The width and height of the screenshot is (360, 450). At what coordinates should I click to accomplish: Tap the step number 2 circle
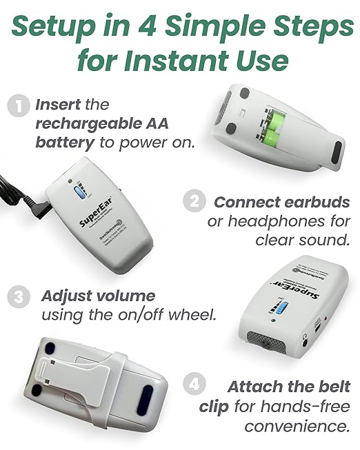click(194, 203)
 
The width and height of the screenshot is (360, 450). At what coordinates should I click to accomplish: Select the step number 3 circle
click(17, 297)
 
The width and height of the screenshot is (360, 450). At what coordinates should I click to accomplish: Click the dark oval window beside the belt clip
click(147, 398)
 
